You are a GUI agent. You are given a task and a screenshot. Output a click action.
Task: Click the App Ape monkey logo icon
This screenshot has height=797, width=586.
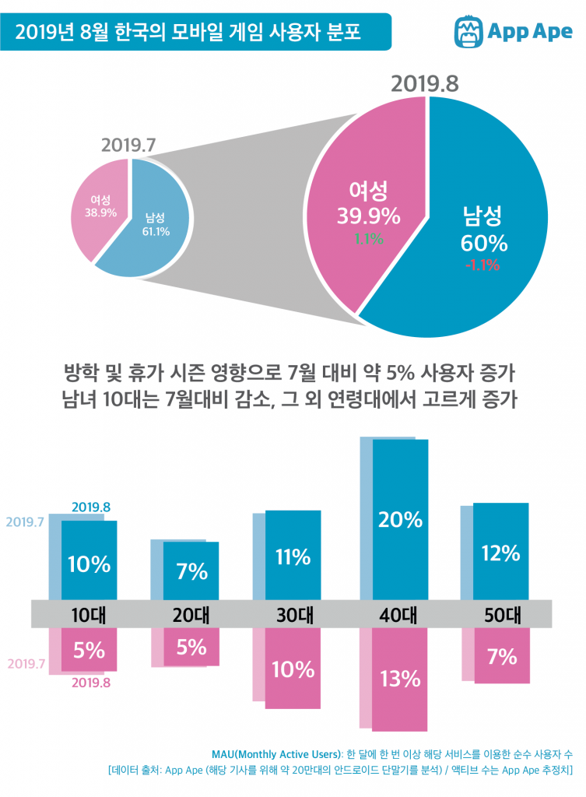[467, 32]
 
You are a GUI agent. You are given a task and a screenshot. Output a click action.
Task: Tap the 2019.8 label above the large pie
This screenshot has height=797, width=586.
[425, 83]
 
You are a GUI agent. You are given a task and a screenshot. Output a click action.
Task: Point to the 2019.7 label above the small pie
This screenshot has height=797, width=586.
[129, 146]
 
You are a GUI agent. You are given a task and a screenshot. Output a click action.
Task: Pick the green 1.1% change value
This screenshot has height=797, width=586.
[369, 239]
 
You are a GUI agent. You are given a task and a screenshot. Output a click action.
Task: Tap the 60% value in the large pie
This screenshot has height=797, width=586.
[482, 243]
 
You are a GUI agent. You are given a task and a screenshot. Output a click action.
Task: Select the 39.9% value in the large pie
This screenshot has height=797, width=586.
[368, 214]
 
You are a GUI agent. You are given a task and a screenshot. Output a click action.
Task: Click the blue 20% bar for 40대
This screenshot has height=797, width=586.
[400, 520]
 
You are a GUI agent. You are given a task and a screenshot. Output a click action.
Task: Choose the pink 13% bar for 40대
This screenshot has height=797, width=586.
[400, 679]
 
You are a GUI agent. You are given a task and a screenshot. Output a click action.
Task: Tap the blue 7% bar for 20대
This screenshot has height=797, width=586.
[191, 571]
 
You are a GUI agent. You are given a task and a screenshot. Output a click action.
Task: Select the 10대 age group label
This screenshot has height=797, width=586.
[89, 614]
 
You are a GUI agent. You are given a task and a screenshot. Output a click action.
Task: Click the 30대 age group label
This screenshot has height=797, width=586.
[293, 614]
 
